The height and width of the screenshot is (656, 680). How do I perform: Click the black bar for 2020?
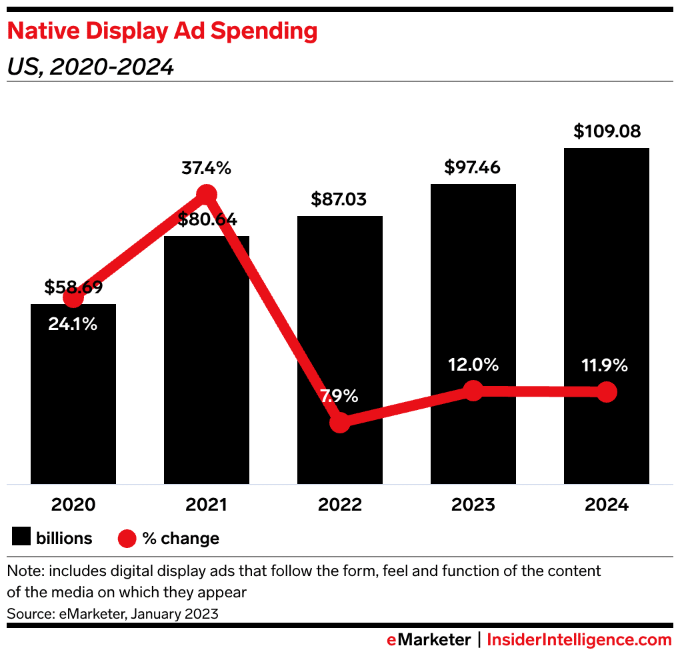coord(73,400)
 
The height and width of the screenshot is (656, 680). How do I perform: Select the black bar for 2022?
coord(340,320)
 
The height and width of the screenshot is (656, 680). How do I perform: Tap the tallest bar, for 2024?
coord(606,267)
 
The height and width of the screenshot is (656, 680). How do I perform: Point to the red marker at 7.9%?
coord(340,422)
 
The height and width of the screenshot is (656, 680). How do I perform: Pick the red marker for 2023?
coord(473,391)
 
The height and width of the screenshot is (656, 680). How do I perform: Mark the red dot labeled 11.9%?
coord(606,392)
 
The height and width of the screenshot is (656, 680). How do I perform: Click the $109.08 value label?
coord(606,131)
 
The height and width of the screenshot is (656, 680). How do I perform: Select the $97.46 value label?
coord(473,167)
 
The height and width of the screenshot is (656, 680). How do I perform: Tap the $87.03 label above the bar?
coord(339,199)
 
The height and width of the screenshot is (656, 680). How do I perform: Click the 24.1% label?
coord(73,325)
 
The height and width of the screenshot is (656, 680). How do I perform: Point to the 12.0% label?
coord(473,365)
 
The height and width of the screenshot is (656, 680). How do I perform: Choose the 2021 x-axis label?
coord(206,505)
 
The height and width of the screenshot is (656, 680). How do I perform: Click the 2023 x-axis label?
coord(473,505)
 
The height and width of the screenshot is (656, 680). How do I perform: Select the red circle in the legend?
coord(127,538)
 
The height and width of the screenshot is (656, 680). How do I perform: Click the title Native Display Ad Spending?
coord(161,31)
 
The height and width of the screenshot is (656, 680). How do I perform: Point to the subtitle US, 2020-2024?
coord(90,67)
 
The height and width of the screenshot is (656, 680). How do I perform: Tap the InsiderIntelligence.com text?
coord(579,640)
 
